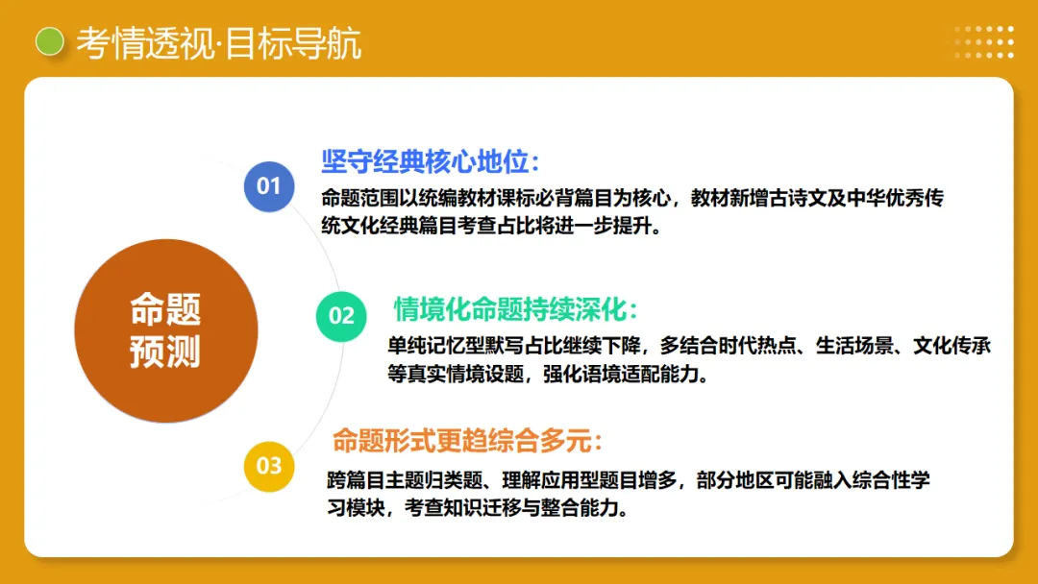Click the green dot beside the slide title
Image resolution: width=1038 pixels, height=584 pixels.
point(49,42)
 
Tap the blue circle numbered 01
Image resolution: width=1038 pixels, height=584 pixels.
point(268,185)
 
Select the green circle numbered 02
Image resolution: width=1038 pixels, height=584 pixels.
point(342,315)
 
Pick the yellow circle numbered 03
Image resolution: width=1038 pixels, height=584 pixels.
point(269,466)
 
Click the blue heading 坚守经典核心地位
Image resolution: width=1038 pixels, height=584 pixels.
point(430,160)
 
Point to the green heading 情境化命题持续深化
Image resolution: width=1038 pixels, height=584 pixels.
point(516,309)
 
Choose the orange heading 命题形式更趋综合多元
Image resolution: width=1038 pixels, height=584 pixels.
point(467,442)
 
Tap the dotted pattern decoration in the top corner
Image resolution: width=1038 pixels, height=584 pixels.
point(983,41)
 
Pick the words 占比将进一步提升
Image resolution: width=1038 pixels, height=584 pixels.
point(577,228)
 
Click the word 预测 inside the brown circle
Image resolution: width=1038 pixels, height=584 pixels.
point(165,353)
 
